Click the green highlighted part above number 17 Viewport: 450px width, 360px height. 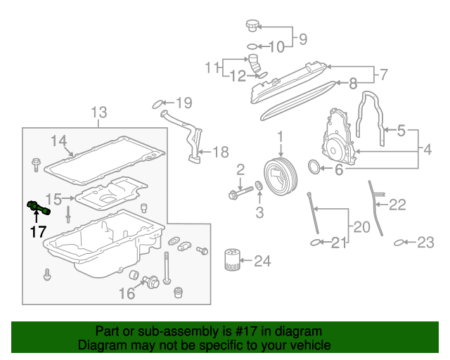click(x=38, y=207)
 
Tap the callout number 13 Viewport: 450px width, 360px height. click(x=99, y=112)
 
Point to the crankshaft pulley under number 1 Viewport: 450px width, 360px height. click(x=276, y=175)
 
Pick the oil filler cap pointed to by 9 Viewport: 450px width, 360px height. click(x=251, y=27)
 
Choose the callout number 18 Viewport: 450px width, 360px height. click(x=220, y=151)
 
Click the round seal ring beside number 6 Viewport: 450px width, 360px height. click(x=315, y=167)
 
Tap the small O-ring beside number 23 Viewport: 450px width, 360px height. click(x=399, y=243)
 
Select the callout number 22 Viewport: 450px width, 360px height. click(x=398, y=205)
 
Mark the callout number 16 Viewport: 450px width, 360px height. click(x=127, y=293)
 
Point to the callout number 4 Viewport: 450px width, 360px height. click(x=427, y=148)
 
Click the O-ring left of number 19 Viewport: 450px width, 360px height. click(x=158, y=105)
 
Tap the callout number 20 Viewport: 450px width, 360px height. click(x=361, y=226)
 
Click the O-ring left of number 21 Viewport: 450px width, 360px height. click(x=316, y=243)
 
